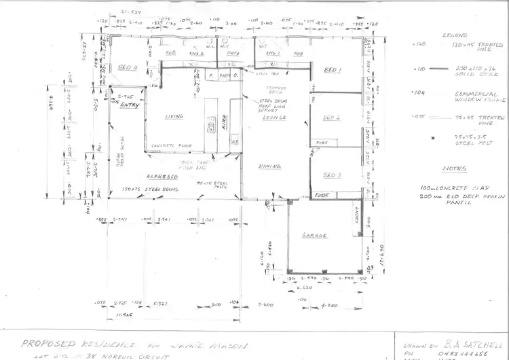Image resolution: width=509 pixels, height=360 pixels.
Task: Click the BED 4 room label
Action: coord(128,67)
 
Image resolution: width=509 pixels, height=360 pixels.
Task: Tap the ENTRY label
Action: coord(129,106)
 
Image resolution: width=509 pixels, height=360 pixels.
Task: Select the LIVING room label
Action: coord(174,117)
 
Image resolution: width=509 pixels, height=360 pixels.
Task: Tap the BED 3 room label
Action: coord(332,175)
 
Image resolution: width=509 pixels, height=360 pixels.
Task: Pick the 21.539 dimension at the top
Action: coord(130,12)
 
